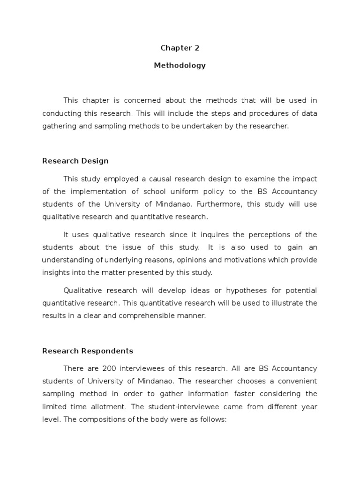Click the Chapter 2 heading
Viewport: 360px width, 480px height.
click(x=180, y=48)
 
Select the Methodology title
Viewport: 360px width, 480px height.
click(x=180, y=66)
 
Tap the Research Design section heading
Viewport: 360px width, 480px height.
click(x=75, y=161)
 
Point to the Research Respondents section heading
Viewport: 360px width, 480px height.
click(x=88, y=351)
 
